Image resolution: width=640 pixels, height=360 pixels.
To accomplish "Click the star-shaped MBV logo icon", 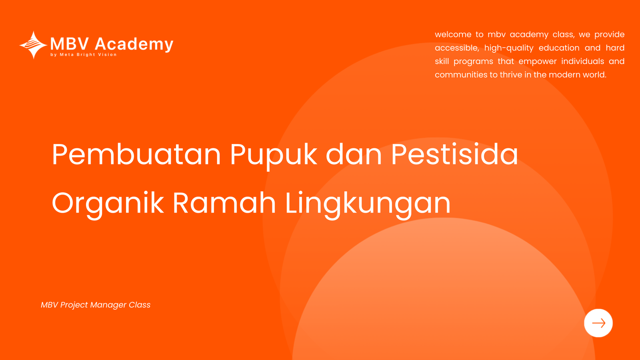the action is tap(34, 45).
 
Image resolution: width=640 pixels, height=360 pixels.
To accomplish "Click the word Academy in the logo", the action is tap(134, 44).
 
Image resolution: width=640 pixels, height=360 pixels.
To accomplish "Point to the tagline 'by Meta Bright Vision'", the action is tap(84, 54).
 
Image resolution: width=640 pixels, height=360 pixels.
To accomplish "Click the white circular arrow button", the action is tap(598, 323).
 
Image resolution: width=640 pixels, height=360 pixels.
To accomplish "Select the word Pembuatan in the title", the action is tap(136, 154).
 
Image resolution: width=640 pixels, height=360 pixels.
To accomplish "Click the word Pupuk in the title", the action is tap(274, 156).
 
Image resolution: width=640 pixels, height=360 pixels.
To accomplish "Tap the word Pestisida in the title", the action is tap(454, 154).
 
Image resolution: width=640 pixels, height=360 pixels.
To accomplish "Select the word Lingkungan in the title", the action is tap(368, 204).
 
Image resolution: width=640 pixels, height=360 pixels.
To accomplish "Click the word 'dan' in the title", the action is tap(354, 154).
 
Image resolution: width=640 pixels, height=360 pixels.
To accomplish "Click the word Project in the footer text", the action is tap(74, 305).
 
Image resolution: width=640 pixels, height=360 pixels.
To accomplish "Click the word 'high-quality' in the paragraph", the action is tap(509, 48).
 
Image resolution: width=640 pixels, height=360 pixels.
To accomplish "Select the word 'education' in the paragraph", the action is tap(559, 48).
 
